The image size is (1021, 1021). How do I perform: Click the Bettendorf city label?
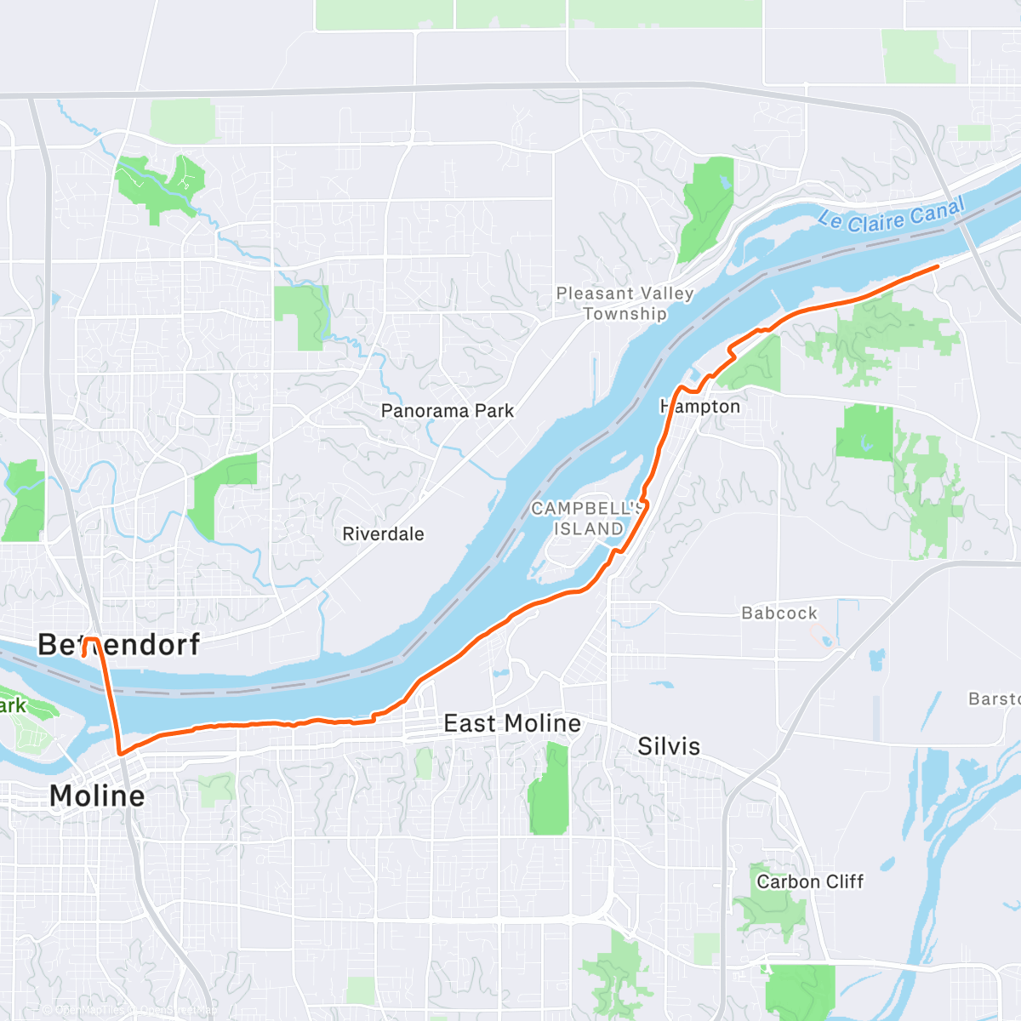[118, 645]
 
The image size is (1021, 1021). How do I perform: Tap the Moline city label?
[97, 796]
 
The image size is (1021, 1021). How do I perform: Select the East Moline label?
[512, 723]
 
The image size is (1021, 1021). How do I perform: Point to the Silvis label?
[669, 746]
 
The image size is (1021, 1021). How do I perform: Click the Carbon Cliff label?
[810, 881]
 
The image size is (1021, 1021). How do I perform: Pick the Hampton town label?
[700, 407]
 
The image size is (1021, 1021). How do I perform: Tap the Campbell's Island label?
[586, 518]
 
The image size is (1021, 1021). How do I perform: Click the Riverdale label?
[383, 534]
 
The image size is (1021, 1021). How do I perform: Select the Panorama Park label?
[448, 411]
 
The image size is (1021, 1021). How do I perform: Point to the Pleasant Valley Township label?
[625, 303]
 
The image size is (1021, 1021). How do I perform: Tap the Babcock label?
[779, 613]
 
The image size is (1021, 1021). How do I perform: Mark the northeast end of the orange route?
[937, 266]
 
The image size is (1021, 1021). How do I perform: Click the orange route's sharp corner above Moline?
[121, 753]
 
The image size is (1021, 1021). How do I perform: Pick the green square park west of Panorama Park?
[299, 317]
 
